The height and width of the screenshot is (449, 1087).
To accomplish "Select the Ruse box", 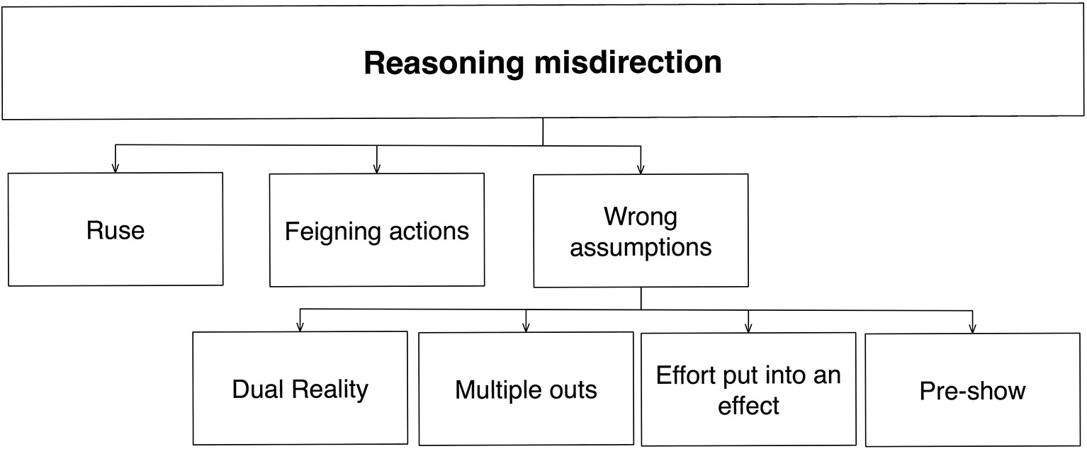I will click(x=116, y=230).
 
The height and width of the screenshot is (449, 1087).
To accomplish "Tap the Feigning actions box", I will click(x=377, y=231).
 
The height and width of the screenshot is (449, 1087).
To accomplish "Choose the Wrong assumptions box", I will click(x=641, y=232).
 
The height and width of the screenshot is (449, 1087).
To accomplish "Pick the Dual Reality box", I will click(x=300, y=389).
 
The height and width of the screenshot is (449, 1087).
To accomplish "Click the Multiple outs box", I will click(x=526, y=390).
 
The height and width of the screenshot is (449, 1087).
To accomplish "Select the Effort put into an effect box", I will click(x=748, y=390).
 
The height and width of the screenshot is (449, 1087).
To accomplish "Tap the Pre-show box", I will click(x=972, y=391).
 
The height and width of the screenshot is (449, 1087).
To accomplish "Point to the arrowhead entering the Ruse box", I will click(x=116, y=169).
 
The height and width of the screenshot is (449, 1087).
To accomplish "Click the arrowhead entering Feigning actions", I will click(x=377, y=169).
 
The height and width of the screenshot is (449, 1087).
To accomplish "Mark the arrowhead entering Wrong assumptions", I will click(x=641, y=169).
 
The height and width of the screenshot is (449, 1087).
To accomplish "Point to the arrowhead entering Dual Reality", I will click(x=300, y=327).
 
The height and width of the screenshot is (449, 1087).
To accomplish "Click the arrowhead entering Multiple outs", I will click(x=526, y=327).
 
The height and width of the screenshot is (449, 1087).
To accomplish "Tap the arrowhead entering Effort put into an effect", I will click(x=748, y=328).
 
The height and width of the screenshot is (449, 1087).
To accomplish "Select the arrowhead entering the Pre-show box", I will click(x=972, y=329).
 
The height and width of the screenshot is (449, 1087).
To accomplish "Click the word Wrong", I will click(x=641, y=216).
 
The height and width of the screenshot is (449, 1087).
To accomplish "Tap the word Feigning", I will click(x=330, y=232).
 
